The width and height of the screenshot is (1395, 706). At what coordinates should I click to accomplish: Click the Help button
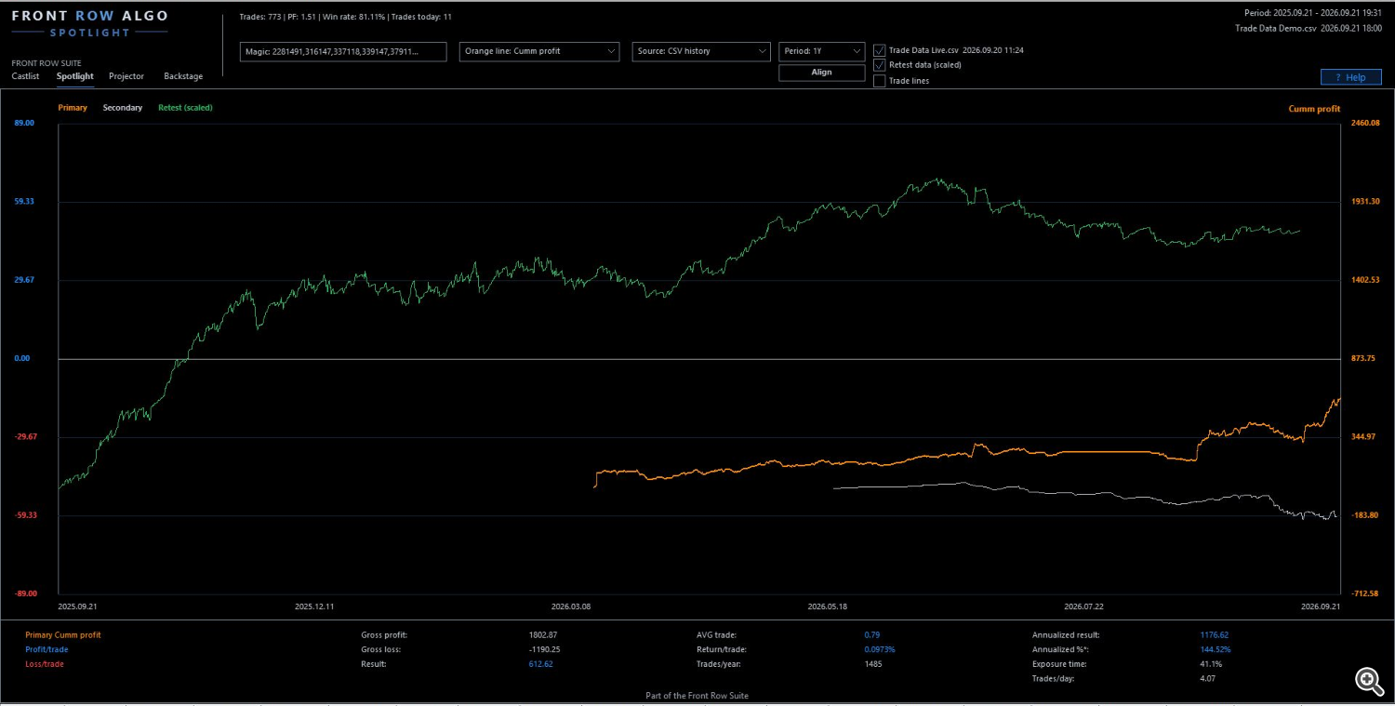1350,77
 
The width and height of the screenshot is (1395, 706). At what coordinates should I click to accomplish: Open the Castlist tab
25,76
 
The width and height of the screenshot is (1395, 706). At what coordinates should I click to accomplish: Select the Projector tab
126,76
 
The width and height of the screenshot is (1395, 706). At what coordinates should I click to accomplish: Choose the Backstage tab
183,76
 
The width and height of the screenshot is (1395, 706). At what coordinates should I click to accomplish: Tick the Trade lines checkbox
880,81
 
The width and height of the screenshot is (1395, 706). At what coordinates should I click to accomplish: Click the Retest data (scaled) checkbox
880,65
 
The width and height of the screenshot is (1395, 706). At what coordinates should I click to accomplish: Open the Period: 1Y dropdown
821,51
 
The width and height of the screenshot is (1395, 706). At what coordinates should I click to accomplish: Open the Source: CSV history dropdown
700,51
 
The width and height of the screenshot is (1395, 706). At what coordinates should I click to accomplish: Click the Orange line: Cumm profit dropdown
538,51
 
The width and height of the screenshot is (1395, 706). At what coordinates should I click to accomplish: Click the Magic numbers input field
343,52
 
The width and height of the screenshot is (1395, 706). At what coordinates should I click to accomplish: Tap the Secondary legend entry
122,108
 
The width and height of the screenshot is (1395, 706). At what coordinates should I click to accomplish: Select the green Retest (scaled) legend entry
185,108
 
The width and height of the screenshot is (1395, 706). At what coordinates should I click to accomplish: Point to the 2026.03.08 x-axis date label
570,606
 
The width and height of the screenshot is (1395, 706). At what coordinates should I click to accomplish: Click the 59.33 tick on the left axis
24,201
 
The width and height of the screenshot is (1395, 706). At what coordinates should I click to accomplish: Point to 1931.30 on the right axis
1365,201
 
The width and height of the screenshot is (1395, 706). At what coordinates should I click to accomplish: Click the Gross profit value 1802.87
543,635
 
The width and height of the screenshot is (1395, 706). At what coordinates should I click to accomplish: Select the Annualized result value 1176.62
1215,635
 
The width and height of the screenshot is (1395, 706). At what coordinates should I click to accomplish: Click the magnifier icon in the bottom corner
1369,681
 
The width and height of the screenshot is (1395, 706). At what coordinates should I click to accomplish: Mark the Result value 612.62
540,664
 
